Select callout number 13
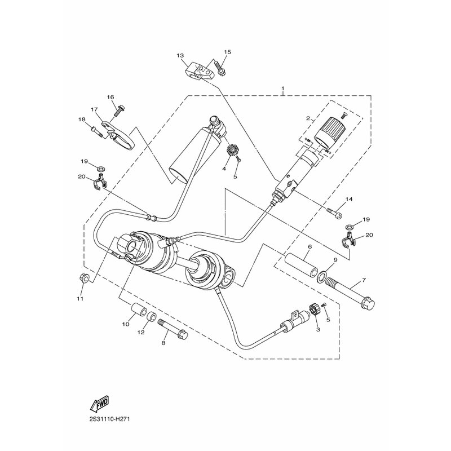point(180,55)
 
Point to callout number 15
point(228,52)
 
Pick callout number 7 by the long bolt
point(364,280)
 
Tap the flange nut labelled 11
point(83,278)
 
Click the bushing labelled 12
point(152,317)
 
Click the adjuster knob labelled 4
point(232,151)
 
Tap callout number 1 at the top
point(283,88)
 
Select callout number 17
point(94,109)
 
